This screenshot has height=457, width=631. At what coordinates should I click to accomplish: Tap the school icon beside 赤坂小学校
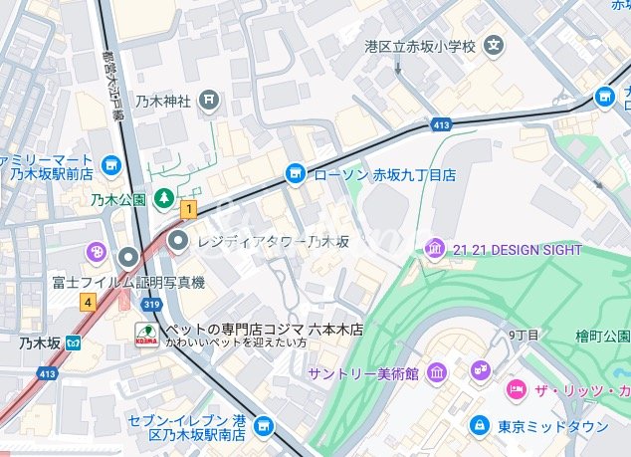pos(493,46)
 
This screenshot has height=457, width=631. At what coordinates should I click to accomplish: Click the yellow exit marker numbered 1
pos(188,209)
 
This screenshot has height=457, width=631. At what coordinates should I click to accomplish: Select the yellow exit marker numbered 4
pos(89,302)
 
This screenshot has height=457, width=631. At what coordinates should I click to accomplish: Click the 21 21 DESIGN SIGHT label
pos(517,250)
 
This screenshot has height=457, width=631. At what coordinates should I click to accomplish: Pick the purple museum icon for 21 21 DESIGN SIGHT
pos(435,249)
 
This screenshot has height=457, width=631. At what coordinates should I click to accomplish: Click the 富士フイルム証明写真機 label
pos(128,283)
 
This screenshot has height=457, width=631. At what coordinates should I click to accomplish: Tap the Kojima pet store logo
pos(145,335)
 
